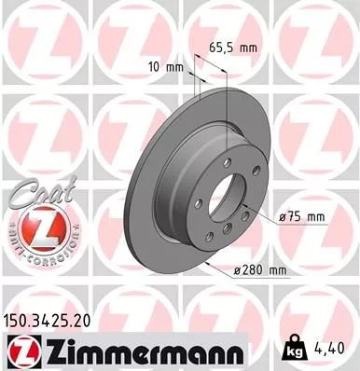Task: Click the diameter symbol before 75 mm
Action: (x=282, y=216)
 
